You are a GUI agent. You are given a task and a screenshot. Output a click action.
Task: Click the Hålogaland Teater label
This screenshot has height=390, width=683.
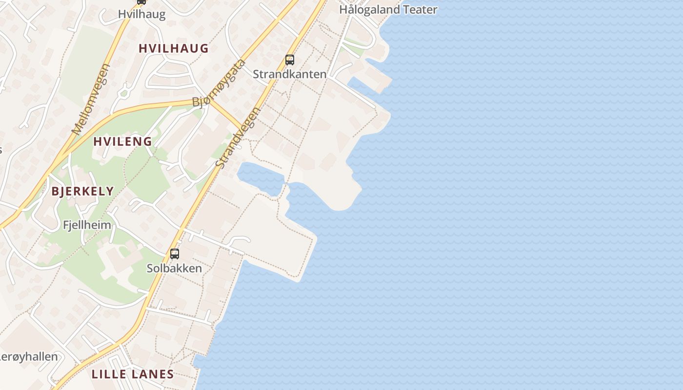point(388,9)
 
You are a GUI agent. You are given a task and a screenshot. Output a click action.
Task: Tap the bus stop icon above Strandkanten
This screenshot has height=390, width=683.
point(290,60)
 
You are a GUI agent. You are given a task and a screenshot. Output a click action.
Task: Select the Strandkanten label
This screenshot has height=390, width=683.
point(289,74)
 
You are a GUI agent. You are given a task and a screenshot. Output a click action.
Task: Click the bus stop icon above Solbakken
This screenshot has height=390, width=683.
point(175,253)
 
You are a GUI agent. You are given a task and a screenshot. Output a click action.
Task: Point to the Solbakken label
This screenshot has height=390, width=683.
point(174,268)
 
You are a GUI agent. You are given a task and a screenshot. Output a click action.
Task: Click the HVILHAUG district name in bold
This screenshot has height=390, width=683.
point(174,48)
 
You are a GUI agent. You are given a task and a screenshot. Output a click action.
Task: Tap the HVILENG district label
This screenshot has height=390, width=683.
point(122,142)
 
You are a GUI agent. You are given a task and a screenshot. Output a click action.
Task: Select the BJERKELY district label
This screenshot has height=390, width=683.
point(82,191)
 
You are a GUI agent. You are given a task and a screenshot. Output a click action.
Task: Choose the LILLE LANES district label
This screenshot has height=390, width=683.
point(133,374)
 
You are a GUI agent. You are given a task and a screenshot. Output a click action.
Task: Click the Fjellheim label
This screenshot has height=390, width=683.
point(87,225)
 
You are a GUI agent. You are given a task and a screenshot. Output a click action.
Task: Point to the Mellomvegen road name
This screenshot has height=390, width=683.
point(91,99)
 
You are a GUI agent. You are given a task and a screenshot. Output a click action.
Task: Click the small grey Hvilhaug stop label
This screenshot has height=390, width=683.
point(141,14)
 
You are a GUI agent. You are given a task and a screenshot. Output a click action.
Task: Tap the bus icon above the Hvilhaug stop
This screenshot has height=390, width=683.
point(141,2)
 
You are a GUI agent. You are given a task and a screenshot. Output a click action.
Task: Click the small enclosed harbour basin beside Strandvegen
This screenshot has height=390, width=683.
point(260,177)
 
